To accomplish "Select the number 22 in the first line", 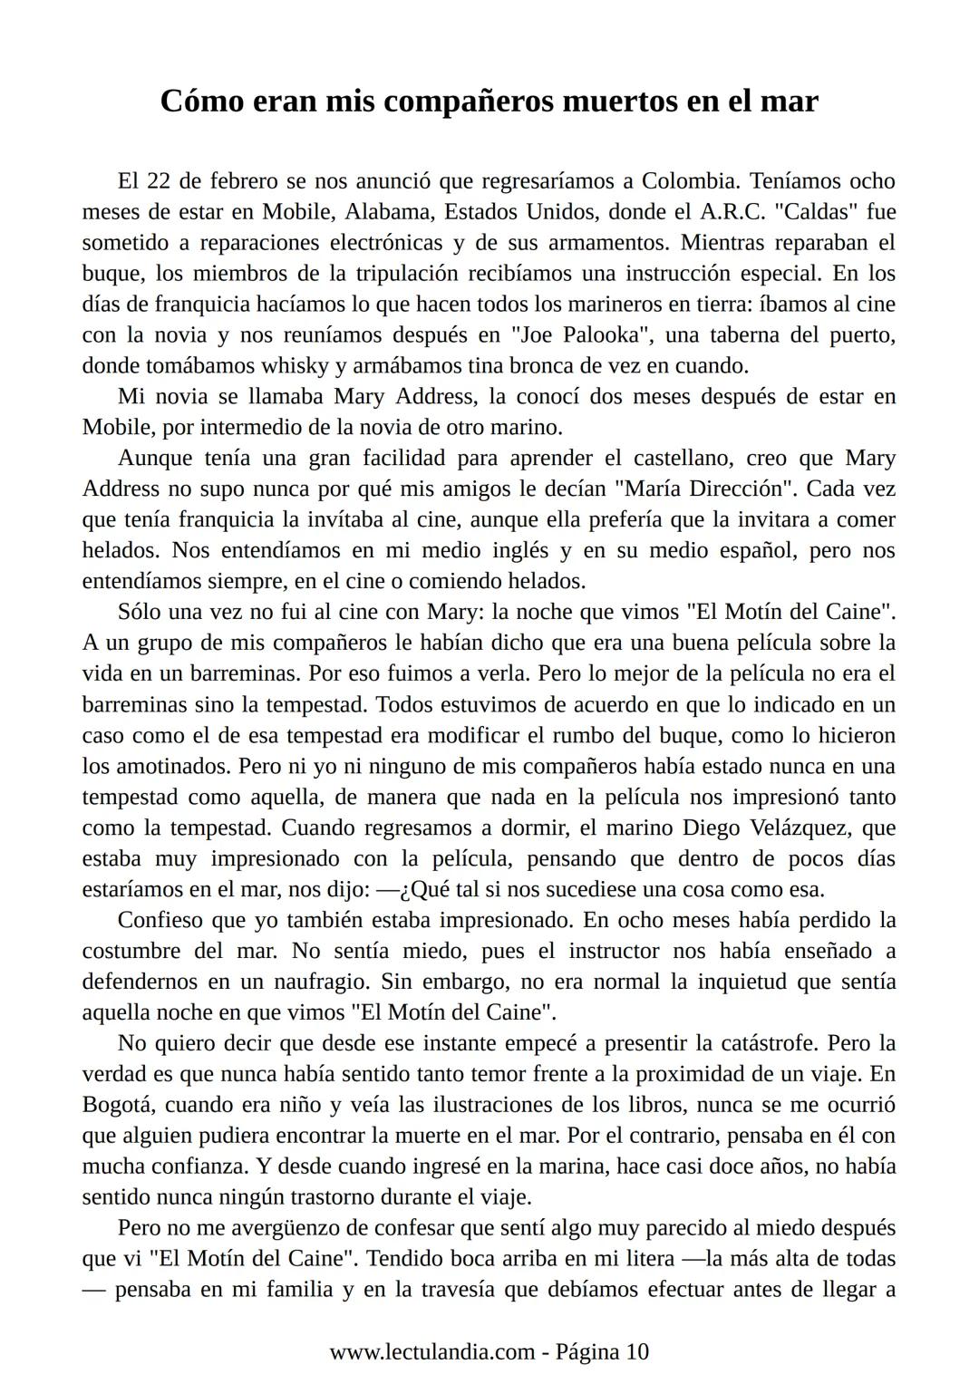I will pyautogui.click(x=160, y=180).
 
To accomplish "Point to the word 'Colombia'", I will pyautogui.click(x=688, y=180).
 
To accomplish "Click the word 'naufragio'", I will pyautogui.click(x=322, y=982).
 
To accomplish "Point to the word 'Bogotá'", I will pyautogui.click(x=119, y=1105).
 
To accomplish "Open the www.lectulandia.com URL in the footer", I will pyautogui.click(x=431, y=1351).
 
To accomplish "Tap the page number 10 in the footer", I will pyautogui.click(x=637, y=1351).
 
